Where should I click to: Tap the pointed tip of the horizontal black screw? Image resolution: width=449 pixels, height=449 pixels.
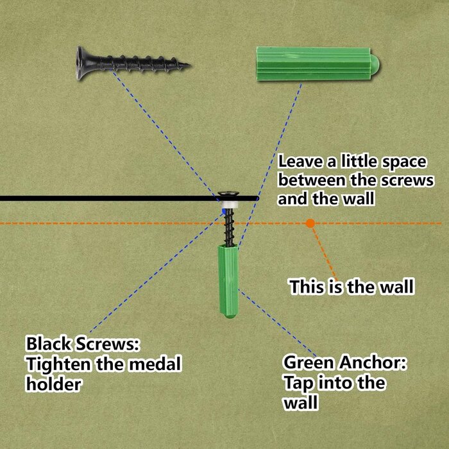189,65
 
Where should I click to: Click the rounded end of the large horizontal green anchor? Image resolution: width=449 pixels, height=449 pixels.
375,64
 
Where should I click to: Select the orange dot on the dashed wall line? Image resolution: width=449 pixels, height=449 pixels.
310,223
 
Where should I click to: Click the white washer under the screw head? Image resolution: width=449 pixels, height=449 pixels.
228,205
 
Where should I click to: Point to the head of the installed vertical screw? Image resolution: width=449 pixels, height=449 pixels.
228,194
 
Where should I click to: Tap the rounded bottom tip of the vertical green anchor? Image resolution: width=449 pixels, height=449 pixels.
228,316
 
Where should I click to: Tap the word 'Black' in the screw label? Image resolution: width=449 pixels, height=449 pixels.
48,344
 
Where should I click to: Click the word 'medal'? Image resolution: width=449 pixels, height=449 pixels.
155,364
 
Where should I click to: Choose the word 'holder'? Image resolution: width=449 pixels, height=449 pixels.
53,384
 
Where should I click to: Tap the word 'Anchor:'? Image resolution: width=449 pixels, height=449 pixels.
373,362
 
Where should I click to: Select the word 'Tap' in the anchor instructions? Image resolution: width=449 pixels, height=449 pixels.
298,384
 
